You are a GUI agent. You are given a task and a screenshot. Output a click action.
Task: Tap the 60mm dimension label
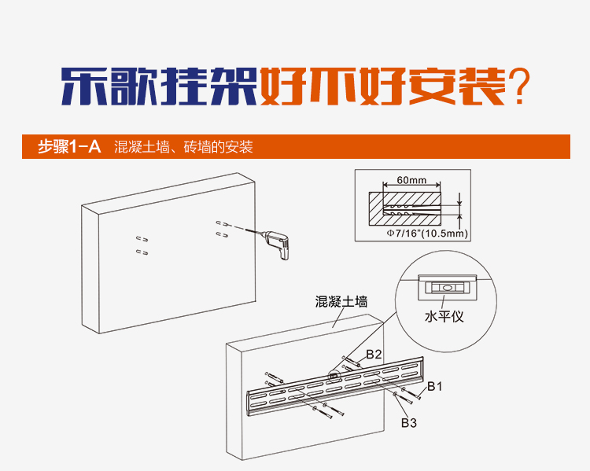tap(411, 180)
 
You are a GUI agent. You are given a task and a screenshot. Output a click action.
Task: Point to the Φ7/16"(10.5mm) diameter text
tap(427, 234)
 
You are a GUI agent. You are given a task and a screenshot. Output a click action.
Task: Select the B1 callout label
tap(434, 386)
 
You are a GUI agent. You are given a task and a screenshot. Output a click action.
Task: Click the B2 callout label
tap(374, 355)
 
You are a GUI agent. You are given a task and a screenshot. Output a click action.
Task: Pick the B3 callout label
tap(408, 423)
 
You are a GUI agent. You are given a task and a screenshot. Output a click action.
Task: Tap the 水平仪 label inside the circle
tap(444, 316)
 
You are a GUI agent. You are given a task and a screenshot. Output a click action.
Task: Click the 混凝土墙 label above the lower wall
tap(341, 301)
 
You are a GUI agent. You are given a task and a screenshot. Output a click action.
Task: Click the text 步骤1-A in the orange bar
tap(69, 146)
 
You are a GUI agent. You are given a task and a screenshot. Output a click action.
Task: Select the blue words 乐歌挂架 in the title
tap(159, 86)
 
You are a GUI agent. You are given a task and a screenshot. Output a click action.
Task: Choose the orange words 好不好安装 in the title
tap(382, 86)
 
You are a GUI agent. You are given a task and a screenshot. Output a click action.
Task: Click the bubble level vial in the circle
tap(447, 288)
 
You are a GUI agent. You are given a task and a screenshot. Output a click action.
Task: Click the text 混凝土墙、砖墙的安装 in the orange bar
tap(183, 146)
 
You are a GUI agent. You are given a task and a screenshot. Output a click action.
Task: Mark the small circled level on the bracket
tap(334, 375)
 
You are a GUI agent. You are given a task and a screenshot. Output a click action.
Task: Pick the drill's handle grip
tap(284, 253)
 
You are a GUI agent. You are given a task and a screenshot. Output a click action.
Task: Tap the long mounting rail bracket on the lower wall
tap(335, 385)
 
